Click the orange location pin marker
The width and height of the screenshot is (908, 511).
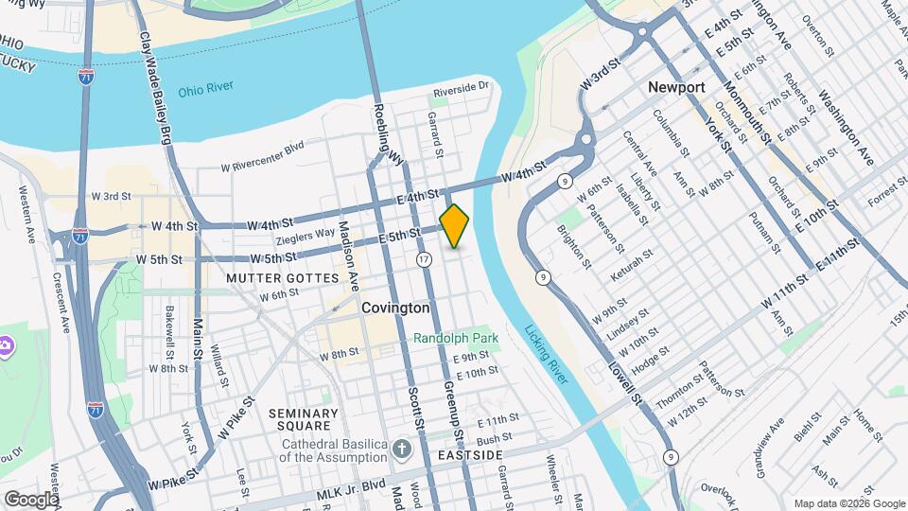(454, 225)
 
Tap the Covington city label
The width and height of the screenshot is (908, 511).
(395, 308)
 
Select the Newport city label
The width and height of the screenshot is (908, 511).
(676, 87)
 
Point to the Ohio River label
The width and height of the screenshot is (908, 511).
(205, 92)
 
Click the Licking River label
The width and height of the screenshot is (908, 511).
(546, 355)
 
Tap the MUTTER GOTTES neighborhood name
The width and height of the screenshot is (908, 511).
(282, 278)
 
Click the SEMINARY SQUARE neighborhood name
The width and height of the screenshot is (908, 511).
(303, 420)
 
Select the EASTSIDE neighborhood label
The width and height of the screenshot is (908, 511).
(470, 455)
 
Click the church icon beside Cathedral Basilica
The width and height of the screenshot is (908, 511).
(401, 447)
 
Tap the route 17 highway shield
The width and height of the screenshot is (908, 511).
(424, 258)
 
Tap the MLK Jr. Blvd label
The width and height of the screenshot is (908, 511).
(351, 483)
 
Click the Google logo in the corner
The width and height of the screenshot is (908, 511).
(30, 499)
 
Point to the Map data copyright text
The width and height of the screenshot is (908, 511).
(847, 502)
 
